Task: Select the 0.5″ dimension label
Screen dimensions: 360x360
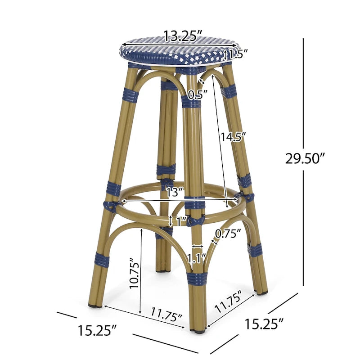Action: click(x=198, y=94)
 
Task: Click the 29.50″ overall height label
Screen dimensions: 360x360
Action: click(x=305, y=158)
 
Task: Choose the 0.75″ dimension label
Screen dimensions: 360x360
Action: click(x=228, y=234)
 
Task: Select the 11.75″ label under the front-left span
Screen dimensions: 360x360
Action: click(x=166, y=313)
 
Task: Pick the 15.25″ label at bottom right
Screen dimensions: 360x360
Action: click(x=265, y=323)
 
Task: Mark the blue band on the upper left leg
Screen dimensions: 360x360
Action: click(x=130, y=95)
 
